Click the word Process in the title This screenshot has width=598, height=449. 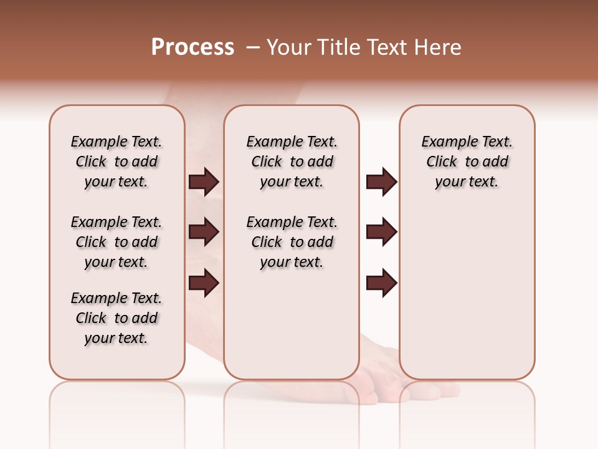(x=192, y=47)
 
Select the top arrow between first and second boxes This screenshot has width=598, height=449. (x=204, y=182)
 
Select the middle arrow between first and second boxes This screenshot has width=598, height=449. (x=204, y=232)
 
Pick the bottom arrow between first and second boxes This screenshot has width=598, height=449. (x=204, y=282)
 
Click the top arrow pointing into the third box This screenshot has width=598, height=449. (x=381, y=182)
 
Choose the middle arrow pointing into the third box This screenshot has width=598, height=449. (x=381, y=232)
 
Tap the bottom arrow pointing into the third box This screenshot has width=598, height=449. (x=381, y=282)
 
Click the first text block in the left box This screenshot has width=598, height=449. (x=116, y=162)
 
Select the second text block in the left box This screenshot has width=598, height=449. (x=116, y=242)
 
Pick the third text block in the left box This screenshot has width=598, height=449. (x=116, y=318)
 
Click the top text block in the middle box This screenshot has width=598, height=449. (x=292, y=162)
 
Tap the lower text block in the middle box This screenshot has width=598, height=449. (x=292, y=242)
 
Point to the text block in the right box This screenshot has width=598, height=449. (x=467, y=162)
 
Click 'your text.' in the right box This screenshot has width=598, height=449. (x=467, y=182)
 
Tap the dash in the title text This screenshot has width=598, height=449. (x=253, y=47)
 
